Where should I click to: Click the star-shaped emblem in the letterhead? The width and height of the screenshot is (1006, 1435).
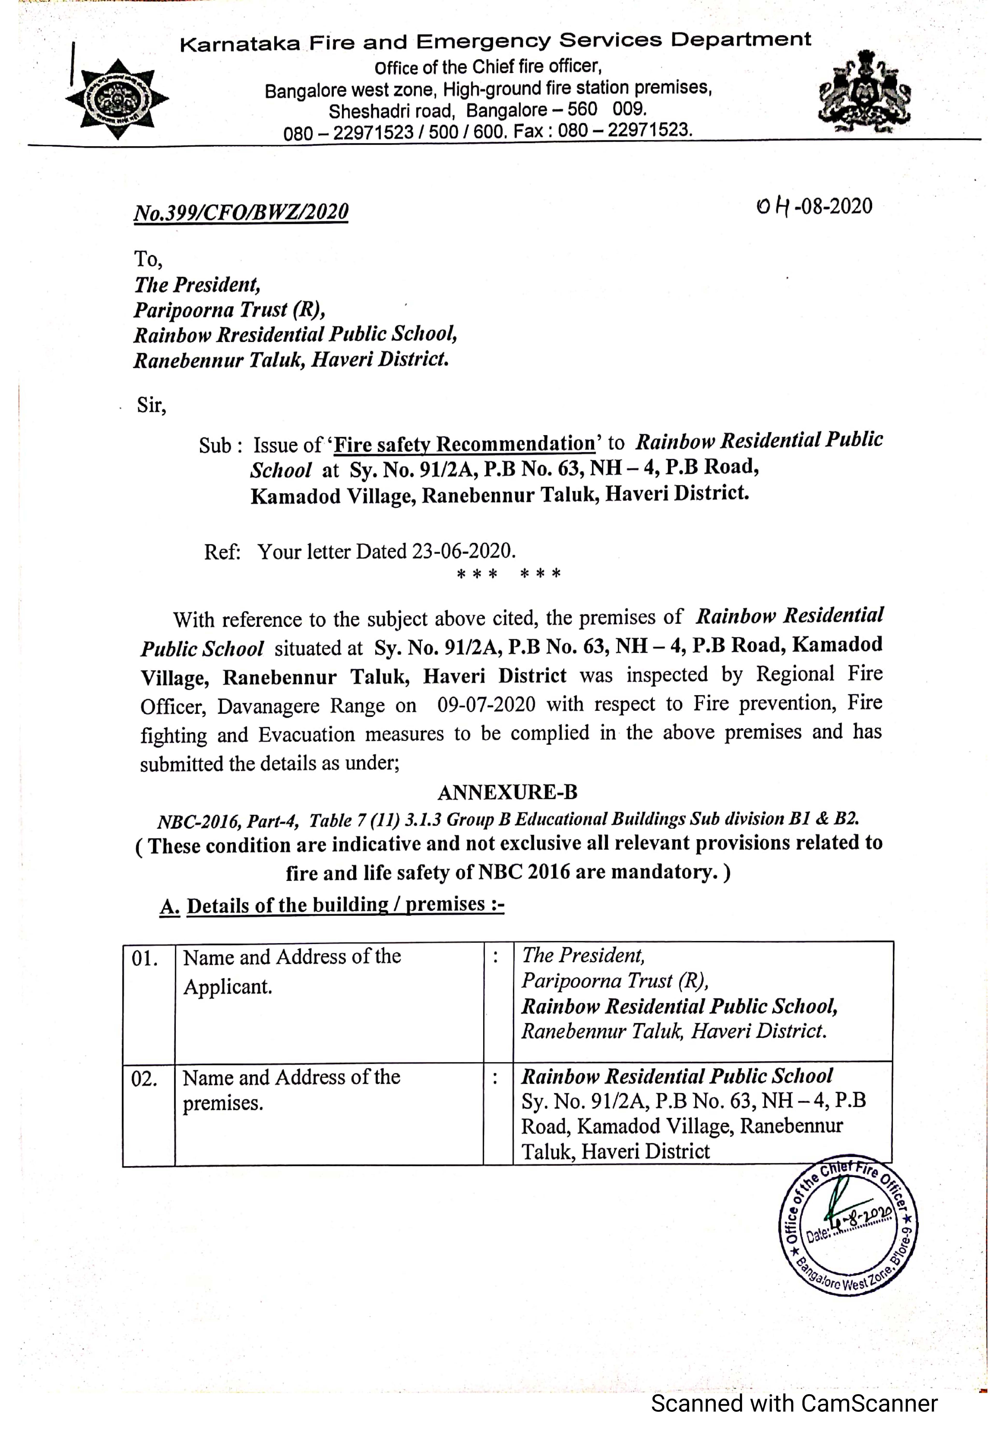pos(117,99)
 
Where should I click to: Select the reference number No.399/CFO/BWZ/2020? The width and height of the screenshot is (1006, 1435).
pos(241,213)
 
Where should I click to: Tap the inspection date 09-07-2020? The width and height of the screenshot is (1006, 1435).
pos(486,704)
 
